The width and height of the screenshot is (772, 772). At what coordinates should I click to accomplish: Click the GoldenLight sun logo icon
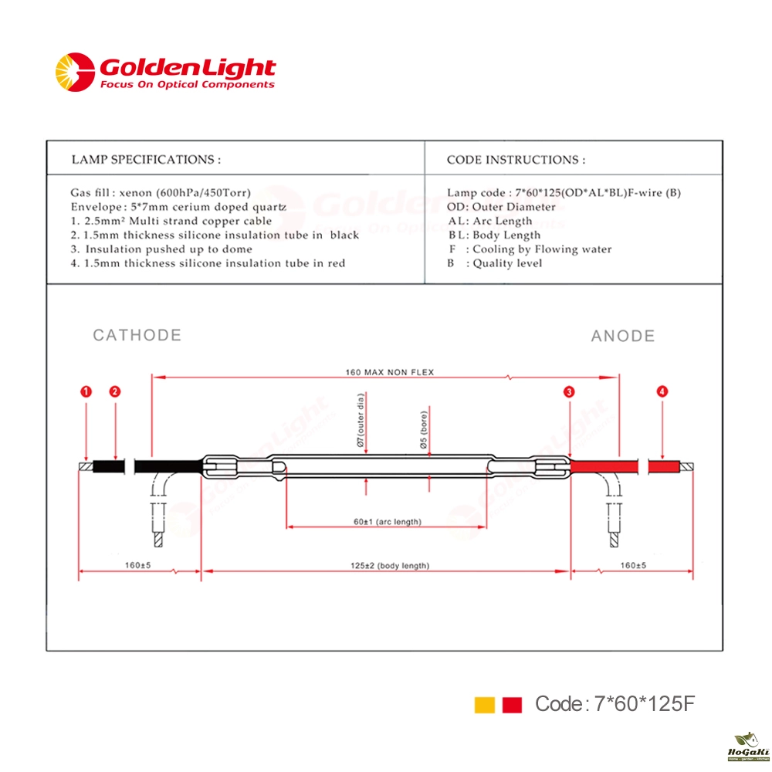coord(74,72)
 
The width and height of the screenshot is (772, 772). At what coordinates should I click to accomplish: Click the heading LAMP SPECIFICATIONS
coord(146,160)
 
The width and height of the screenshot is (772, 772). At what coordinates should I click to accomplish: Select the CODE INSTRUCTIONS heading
coord(516,160)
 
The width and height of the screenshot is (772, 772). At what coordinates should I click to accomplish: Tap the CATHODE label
coord(137,335)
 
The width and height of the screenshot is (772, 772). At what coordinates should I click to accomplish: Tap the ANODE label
coord(623,336)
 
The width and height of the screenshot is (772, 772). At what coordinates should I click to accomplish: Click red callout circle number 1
coord(87,391)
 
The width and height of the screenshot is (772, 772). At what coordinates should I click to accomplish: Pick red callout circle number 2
coord(115,391)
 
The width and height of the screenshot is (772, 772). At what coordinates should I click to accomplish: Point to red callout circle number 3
coord(569,392)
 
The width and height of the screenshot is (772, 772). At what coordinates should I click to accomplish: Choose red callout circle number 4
coord(662,392)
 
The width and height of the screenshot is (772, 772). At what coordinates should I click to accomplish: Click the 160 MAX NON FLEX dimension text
coord(389,372)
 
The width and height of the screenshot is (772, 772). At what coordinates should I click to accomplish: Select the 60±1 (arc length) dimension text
coord(388,522)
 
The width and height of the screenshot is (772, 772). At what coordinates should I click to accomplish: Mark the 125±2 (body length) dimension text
coord(389,566)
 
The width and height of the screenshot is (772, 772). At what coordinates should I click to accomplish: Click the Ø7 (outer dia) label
coord(360,423)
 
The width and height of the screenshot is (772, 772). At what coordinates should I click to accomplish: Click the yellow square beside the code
coord(484,704)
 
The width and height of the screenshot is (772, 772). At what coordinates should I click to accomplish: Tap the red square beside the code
coord(512,704)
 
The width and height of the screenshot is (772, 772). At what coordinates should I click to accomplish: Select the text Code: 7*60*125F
coord(615,703)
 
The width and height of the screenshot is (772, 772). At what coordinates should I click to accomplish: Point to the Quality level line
coord(495,263)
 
